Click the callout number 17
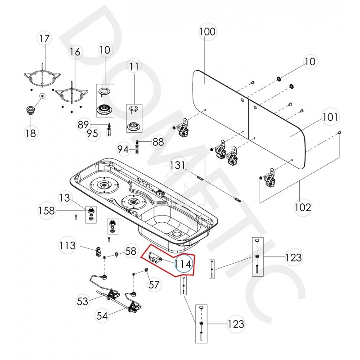click(x=44, y=39)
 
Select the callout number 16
click(x=75, y=52)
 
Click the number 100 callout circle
click(x=207, y=32)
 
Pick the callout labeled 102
click(x=302, y=207)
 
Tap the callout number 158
click(x=47, y=210)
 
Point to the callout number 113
click(x=67, y=245)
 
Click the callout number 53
click(x=82, y=301)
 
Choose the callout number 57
click(x=154, y=284)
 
